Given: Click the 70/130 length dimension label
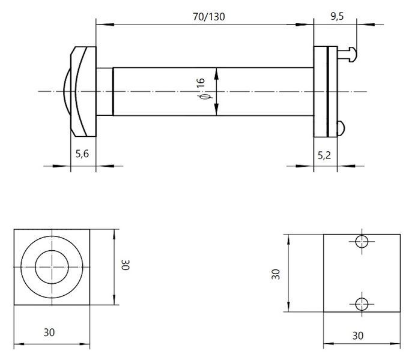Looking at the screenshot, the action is [208, 17].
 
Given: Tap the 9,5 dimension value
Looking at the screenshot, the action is [338, 16].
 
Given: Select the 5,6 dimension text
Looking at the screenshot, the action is [82, 154].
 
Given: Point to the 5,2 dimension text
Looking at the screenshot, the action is [324, 155].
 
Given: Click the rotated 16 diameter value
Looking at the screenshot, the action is [201, 83].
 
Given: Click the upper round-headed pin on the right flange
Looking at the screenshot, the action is [347, 54].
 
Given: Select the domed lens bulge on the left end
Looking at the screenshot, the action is [67, 91].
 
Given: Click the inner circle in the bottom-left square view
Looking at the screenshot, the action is [52, 251].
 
